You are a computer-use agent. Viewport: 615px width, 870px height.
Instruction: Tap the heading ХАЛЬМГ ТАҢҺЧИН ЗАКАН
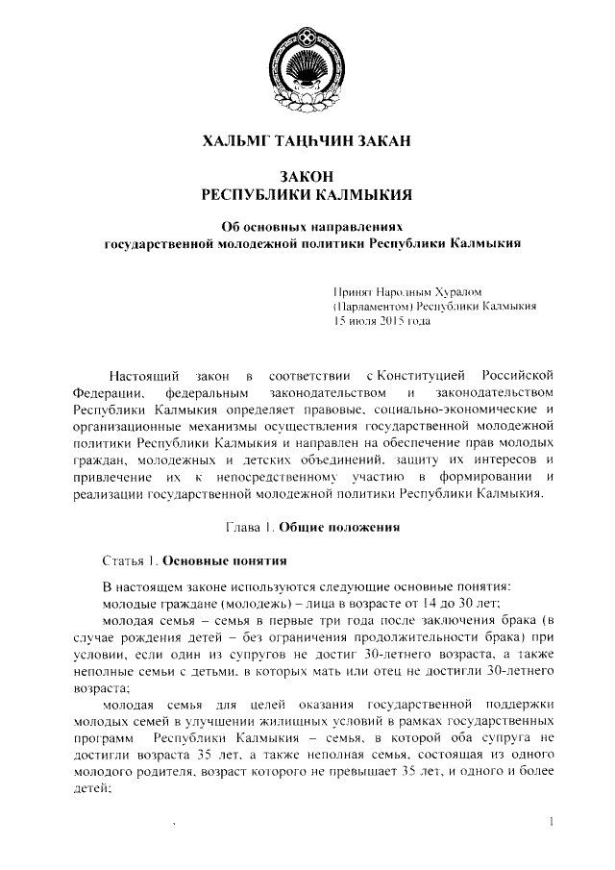pyautogui.click(x=307, y=142)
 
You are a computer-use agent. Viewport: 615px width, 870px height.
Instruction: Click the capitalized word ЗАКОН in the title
pyautogui.click(x=307, y=178)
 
